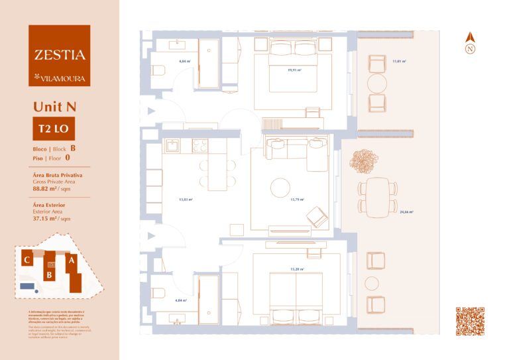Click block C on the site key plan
point(27,261)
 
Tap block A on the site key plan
point(72,261)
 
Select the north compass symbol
point(470,44)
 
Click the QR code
point(470,321)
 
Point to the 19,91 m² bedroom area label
point(295,70)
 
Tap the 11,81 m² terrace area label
point(398,61)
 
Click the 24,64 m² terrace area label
point(406,212)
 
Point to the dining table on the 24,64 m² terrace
point(377,196)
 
